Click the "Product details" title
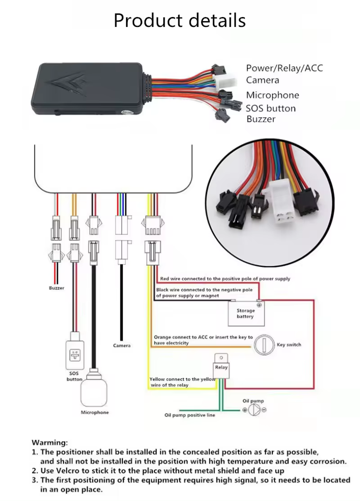[180, 21]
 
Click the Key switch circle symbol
[263, 345]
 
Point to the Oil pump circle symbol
[254, 410]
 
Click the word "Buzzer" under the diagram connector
[56, 288]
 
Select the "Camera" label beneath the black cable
[121, 345]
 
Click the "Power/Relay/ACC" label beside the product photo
[284, 68]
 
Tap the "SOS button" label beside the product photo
[270, 108]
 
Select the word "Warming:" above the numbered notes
[49, 443]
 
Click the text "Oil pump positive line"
[189, 415]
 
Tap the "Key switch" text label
[289, 345]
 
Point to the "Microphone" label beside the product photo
[272, 95]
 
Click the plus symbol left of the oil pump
[245, 410]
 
